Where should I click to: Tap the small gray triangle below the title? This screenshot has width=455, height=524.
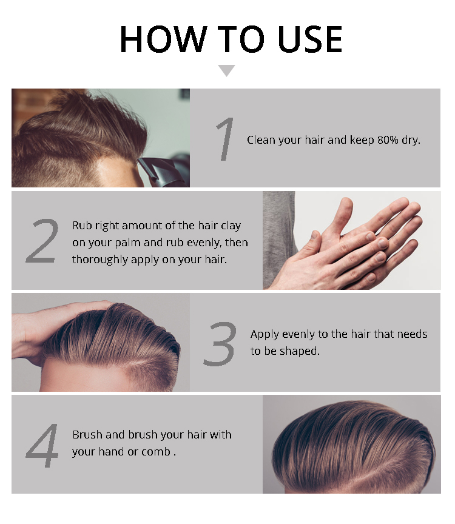pos(226,70)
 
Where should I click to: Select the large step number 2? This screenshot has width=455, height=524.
pos(42,241)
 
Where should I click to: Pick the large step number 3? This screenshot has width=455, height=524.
pos(219,343)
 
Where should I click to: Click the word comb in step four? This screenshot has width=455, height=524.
pos(156,452)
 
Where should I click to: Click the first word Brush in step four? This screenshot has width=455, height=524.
pos(87,435)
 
